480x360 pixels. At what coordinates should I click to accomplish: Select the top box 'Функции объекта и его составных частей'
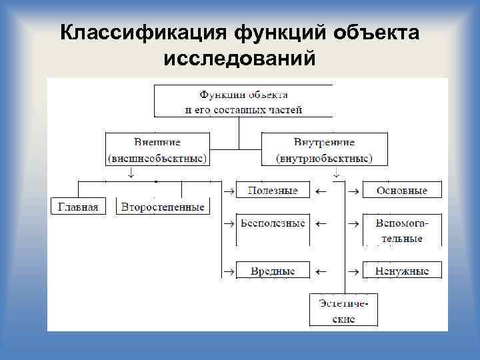click(x=243, y=101)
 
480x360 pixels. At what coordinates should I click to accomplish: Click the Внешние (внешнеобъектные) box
click(x=157, y=151)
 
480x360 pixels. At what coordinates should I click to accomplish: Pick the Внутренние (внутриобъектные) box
click(x=324, y=151)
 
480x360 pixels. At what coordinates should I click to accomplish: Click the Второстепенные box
click(x=163, y=207)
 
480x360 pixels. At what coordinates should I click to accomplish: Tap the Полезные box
click(x=273, y=191)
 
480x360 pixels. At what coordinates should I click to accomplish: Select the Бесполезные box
click(x=273, y=223)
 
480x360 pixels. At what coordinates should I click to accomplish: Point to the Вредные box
click(x=273, y=271)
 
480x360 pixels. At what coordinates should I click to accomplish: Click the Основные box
click(x=401, y=191)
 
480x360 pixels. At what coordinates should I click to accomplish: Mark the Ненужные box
click(x=401, y=271)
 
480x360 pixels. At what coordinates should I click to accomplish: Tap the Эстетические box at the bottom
click(x=342, y=310)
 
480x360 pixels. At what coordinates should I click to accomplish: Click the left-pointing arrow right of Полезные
click(x=321, y=191)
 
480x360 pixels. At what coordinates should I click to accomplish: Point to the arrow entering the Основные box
click(x=353, y=191)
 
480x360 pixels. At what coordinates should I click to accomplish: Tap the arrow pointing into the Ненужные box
click(x=353, y=271)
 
